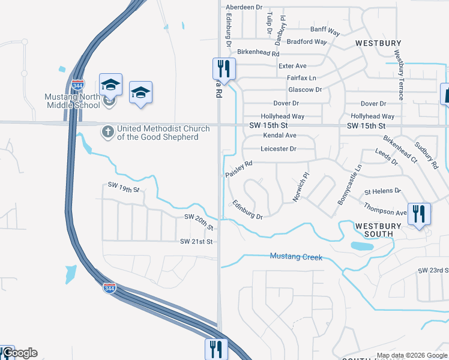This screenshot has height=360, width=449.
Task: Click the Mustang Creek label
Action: (x=296, y=257)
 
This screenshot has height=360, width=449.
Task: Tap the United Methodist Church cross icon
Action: (x=108, y=131)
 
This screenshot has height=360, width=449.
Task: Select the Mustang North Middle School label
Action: (x=73, y=101)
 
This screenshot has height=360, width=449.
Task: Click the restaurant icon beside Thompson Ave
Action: (x=418, y=214)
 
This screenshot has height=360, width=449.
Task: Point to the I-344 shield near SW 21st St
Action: (x=109, y=288)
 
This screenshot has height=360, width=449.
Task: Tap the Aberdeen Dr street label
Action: (x=244, y=7)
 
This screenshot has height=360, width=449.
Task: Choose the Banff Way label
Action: (x=325, y=29)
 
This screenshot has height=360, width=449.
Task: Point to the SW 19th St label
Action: (x=124, y=188)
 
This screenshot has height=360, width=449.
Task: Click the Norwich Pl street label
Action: (x=298, y=188)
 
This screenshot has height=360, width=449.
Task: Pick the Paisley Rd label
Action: (x=239, y=168)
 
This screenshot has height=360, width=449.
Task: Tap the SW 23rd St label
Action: (x=433, y=271)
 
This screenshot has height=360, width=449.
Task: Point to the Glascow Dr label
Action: (x=305, y=90)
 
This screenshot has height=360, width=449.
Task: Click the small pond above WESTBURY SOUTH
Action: (x=361, y=246)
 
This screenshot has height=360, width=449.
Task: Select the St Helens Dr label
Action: (x=382, y=191)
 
